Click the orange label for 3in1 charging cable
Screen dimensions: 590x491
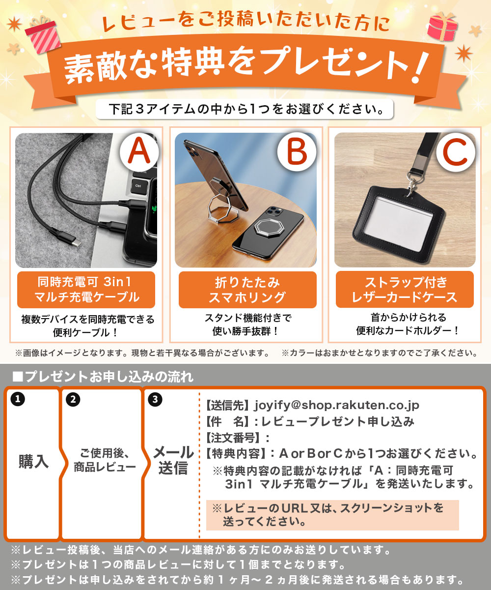(86, 290)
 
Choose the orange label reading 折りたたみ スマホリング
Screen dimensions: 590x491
(247, 290)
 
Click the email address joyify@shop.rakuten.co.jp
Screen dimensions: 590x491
(336, 405)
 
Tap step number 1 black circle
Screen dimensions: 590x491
(17, 400)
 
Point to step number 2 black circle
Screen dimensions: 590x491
(73, 400)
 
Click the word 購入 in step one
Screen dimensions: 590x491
(33, 461)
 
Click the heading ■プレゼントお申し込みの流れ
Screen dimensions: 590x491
(103, 377)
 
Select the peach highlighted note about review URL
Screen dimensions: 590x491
(332, 514)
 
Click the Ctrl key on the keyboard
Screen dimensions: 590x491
(138, 186)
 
